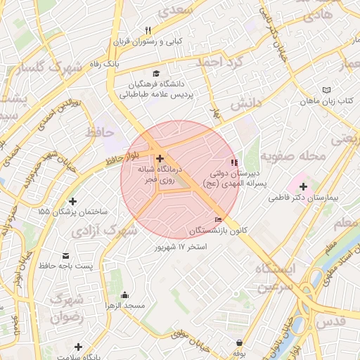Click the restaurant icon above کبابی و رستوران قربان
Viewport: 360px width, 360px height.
148,30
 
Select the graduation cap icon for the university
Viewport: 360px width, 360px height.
156,72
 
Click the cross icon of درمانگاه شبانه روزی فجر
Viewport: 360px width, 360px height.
160,158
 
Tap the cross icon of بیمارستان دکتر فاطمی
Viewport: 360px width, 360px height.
303,186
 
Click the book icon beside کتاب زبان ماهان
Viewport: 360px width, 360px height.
326,90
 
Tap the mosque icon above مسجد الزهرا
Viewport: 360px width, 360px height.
125,295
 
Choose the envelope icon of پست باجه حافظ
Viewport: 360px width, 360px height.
66,255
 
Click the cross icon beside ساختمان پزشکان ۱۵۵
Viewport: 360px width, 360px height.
73,202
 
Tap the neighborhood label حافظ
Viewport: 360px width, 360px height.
99,131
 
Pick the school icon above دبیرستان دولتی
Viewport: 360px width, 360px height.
235,162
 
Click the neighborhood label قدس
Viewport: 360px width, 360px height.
331,321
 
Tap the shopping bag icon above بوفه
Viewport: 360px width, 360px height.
240,343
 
